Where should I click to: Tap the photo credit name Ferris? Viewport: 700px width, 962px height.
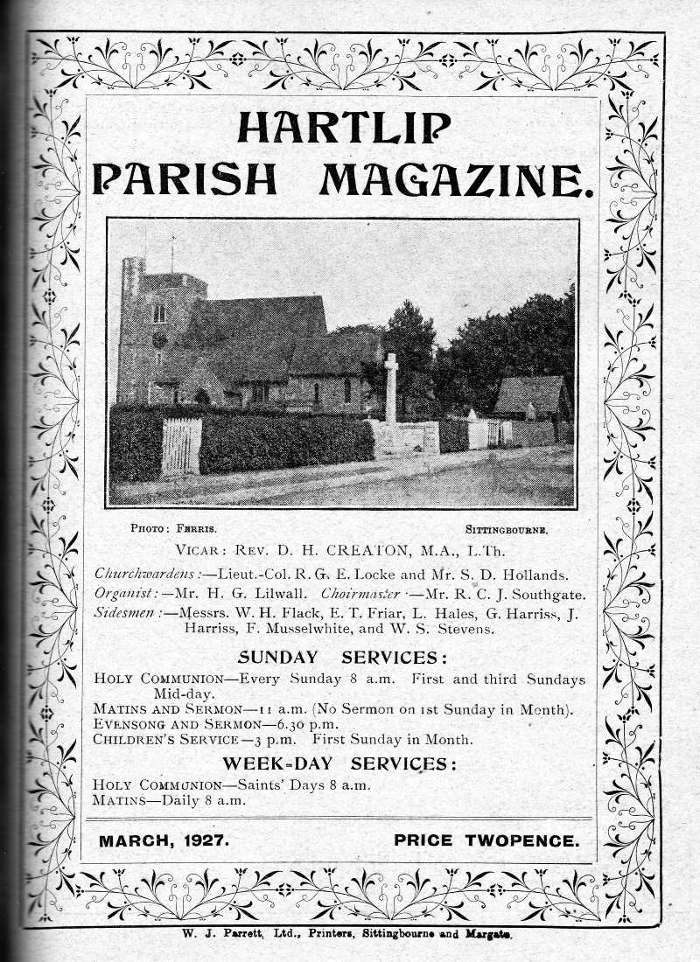(197, 529)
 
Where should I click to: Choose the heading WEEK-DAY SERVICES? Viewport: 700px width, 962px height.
(339, 763)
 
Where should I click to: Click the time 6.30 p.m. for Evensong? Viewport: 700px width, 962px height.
(309, 725)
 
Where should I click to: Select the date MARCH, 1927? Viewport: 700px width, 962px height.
(164, 841)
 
